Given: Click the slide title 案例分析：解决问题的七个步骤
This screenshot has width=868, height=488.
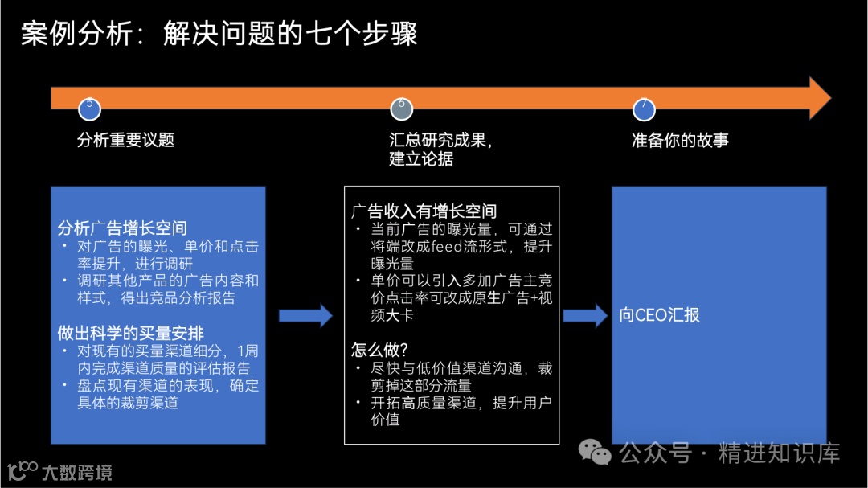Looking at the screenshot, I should (219, 35).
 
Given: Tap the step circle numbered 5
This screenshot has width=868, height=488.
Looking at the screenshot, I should (89, 108).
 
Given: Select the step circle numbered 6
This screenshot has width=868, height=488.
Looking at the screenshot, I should (401, 108).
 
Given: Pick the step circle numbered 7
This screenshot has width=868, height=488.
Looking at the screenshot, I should (643, 108).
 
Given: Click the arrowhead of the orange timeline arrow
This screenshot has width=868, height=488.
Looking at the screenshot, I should (819, 98).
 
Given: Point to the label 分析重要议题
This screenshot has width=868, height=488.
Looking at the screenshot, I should (125, 140).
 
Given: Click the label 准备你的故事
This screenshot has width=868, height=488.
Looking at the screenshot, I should (680, 140).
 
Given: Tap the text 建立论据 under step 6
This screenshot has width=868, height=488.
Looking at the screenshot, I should (421, 159).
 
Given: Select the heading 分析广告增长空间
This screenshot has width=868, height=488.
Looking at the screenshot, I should (122, 228).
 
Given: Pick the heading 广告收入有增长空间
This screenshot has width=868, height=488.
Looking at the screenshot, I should (424, 211).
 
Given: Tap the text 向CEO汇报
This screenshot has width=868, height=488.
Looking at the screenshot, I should (659, 315).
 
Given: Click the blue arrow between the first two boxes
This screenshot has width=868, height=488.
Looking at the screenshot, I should (305, 315).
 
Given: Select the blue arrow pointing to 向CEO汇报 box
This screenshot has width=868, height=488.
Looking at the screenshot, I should (585, 315).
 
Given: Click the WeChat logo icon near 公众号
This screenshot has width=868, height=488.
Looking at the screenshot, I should (596, 454).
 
